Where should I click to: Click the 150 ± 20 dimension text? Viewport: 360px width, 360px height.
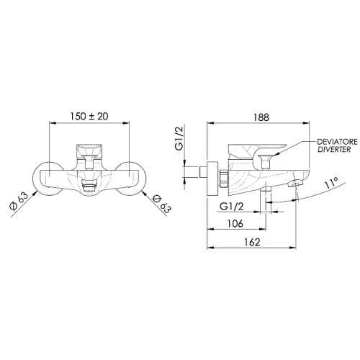coord(89,117)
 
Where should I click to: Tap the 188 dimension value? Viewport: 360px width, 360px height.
coord(261,117)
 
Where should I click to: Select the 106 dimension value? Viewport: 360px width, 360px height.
coord(235,223)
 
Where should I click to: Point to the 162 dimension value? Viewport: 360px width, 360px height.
coord(252,242)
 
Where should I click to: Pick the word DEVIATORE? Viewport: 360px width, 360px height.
coord(337,142)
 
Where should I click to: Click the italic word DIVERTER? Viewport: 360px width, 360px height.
coord(334,149)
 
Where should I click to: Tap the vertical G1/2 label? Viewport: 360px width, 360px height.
coord(179,138)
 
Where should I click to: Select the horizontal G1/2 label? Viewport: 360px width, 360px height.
coord(232,206)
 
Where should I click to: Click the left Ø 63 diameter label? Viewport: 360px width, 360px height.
coord(19,201)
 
